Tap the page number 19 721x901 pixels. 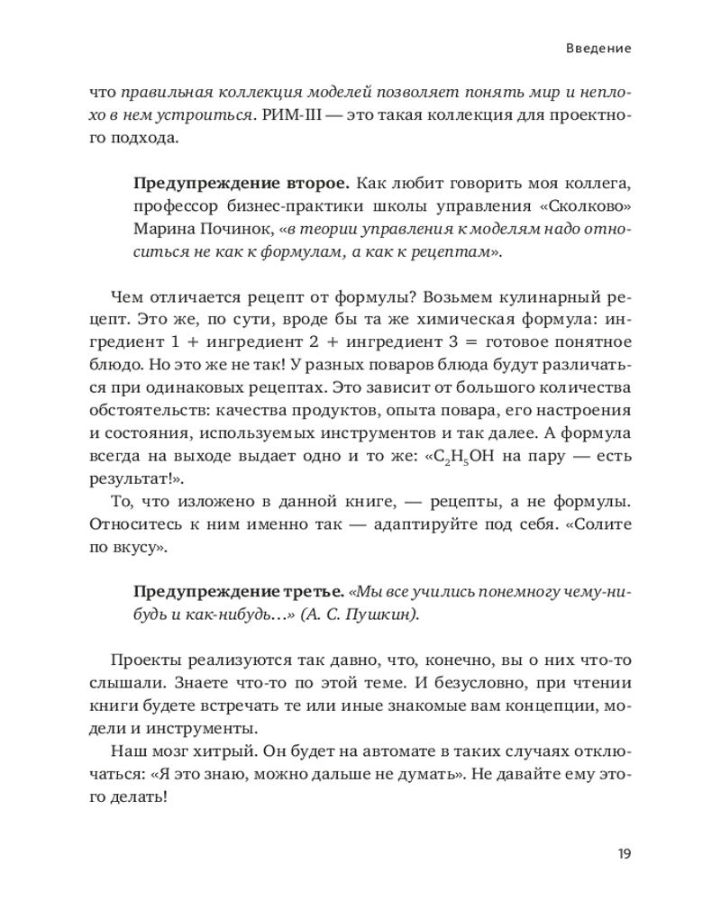coord(623,853)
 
